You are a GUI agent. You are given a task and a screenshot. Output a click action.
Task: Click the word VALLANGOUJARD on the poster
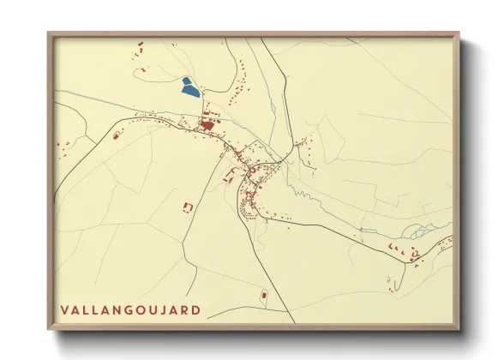[x=131, y=309]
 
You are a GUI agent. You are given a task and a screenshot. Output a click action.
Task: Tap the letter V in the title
[x=64, y=309]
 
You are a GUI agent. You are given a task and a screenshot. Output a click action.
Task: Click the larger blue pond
[x=189, y=87]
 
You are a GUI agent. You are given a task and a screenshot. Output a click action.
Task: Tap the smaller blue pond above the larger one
[x=186, y=80]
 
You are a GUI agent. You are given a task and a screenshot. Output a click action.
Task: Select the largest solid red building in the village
[x=207, y=126]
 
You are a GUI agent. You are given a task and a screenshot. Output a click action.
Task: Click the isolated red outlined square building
[x=188, y=207]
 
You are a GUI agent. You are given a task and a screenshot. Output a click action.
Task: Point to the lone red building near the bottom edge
[x=264, y=297]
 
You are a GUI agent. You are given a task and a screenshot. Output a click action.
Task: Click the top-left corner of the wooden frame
[x=49, y=33]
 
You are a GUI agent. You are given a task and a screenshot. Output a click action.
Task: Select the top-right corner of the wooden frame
[x=459, y=33]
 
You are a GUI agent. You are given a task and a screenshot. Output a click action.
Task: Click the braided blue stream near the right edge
[x=420, y=231]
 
